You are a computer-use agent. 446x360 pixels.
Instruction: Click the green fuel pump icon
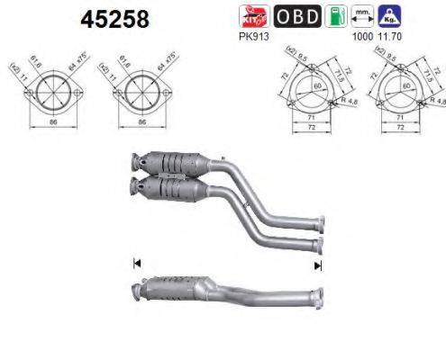pyautogui.click(x=333, y=15)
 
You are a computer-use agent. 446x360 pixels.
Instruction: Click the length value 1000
pyautogui.click(x=362, y=36)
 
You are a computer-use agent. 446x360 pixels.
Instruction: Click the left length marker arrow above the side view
pyautogui.click(x=136, y=263)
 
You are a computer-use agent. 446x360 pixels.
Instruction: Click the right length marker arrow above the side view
pyautogui.click(x=316, y=265)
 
